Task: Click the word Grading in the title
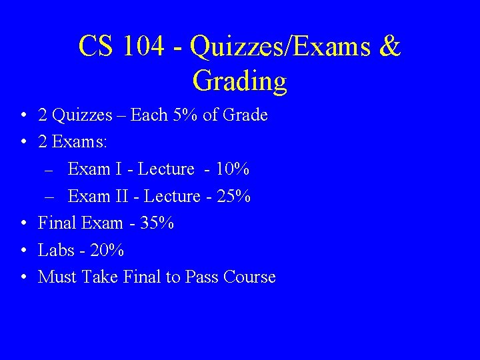point(239,82)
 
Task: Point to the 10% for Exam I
point(235,169)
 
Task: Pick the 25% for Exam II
point(237,197)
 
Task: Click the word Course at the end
point(249,277)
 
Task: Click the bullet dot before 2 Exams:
point(23,143)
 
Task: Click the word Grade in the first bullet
point(245,115)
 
